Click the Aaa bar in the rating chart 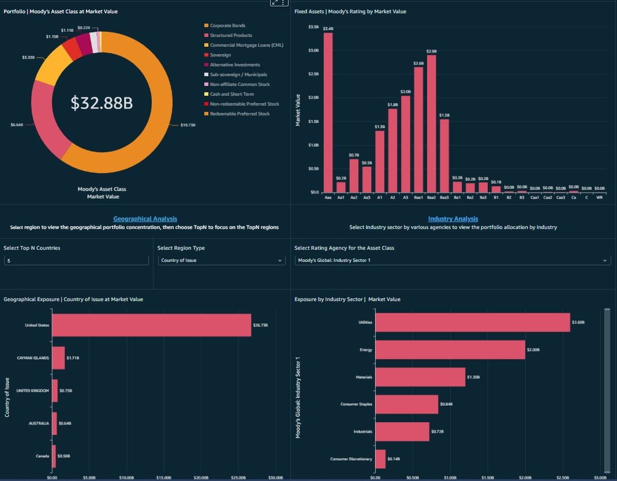point(328,112)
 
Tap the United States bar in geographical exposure point(151,325)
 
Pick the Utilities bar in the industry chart point(472,322)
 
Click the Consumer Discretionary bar point(380,459)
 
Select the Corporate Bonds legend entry point(227,26)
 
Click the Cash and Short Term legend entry point(231,94)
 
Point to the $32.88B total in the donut point(102,103)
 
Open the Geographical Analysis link point(145,219)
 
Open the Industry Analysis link point(453,219)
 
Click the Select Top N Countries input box point(76,261)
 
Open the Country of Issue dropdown point(222,261)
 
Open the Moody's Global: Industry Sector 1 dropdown point(453,261)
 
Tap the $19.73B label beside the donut point(188,125)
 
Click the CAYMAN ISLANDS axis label point(33,358)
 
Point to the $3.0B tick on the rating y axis point(313,51)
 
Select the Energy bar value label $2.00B point(534,350)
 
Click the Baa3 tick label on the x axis point(444,197)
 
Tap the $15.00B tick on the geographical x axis point(164,478)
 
